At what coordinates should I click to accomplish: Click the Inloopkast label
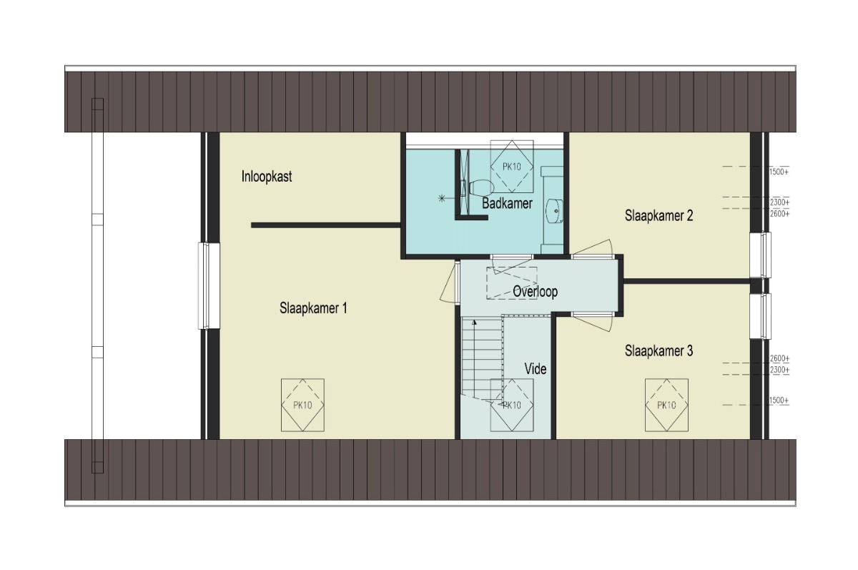tap(267, 177)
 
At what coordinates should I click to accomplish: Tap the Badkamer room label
tap(507, 203)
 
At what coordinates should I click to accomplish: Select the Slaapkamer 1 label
tap(313, 308)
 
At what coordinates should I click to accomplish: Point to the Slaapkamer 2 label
tap(659, 216)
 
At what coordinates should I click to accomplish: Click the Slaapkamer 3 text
tap(659, 351)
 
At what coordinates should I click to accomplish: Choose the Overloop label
tap(535, 292)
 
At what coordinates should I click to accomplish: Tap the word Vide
tap(536, 369)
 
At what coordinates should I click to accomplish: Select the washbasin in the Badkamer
tap(554, 210)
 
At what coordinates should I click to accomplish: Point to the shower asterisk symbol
tap(442, 198)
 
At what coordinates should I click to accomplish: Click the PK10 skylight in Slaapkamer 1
tap(302, 405)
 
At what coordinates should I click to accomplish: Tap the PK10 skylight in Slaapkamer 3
tap(666, 405)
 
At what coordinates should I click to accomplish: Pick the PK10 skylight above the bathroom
tap(512, 167)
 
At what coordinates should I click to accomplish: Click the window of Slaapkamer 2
tap(761, 255)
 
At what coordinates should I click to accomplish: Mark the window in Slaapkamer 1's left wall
tap(209, 286)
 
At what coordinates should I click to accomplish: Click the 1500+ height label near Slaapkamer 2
tap(779, 172)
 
